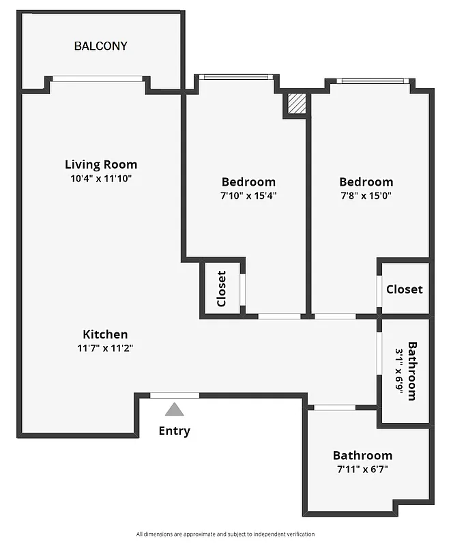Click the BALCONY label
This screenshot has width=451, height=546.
pos(101,46)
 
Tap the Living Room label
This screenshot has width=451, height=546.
pos(101,164)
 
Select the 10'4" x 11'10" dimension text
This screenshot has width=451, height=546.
pos(101,179)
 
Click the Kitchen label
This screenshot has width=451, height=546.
pos(105,334)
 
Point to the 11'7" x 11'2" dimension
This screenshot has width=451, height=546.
pos(105,348)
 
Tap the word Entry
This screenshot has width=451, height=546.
pos(175,431)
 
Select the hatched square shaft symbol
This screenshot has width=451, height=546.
pos(296,104)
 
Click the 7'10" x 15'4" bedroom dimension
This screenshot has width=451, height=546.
pos(248,195)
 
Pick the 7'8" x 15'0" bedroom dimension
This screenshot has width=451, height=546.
pos(366,195)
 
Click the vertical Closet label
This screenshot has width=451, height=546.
pos(221,289)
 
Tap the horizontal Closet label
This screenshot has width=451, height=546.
pos(404,289)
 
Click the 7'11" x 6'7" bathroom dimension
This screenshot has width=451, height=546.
pos(362,470)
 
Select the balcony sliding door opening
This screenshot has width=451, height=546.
pos(98,78)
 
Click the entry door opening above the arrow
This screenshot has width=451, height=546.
pos(175,395)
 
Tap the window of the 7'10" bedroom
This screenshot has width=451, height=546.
pos(237,77)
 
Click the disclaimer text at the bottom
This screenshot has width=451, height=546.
pos(225,534)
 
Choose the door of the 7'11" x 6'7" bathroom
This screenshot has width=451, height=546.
pos(335,407)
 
